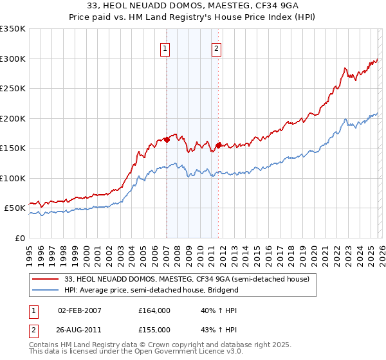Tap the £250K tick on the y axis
click(13, 88)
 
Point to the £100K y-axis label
click(13, 178)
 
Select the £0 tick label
click(20, 238)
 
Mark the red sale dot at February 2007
click(167, 139)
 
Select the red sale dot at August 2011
click(219, 145)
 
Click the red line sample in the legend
click(46, 279)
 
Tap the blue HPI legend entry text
click(151, 290)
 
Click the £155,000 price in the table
click(154, 329)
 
